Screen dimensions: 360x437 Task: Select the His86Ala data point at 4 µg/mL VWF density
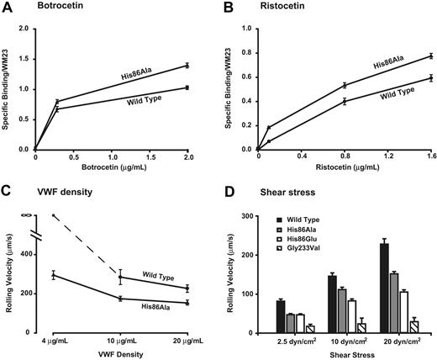pos(55,274)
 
